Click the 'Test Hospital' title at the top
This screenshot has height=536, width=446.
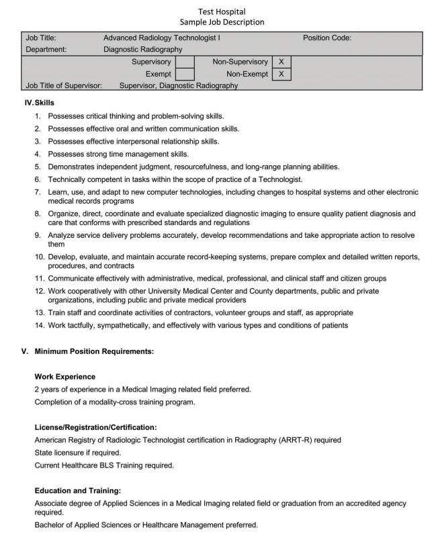pos(222,11)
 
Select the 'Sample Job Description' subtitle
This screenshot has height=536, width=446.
pos(222,22)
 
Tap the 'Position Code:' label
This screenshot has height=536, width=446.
pos(327,38)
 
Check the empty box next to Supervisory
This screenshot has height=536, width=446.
pos(185,61)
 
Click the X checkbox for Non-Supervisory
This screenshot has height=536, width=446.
pos(281,61)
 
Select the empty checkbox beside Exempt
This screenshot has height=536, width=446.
pos(185,73)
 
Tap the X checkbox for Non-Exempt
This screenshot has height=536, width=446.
pos(281,73)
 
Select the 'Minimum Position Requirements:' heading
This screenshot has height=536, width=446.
pos(95,351)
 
